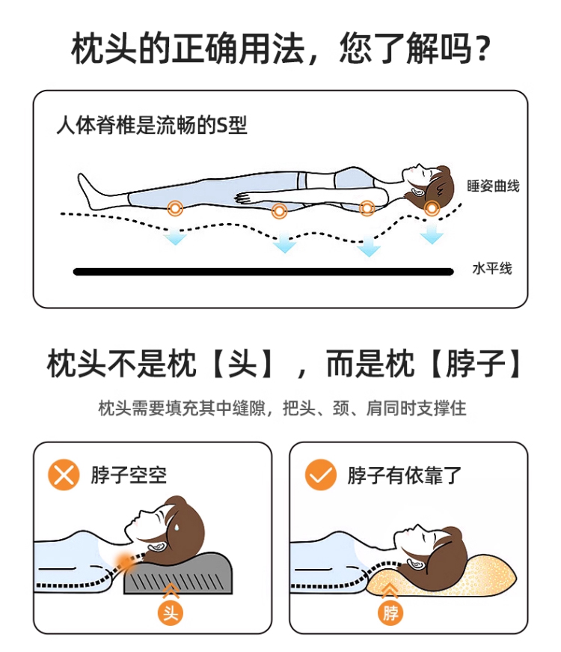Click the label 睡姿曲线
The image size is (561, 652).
click(x=493, y=186)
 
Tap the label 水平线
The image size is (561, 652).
click(x=492, y=269)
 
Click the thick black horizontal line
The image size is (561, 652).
click(x=263, y=272)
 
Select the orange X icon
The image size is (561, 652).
click(x=64, y=475)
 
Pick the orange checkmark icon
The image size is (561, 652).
click(x=320, y=475)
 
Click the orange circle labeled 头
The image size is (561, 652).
click(x=171, y=613)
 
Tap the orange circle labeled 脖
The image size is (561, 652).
click(x=390, y=613)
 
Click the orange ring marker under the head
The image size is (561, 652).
click(x=432, y=207)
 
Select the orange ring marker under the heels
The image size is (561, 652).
click(x=175, y=207)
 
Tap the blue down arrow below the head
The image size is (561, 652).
click(x=432, y=234)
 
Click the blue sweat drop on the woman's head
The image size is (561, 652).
click(x=177, y=527)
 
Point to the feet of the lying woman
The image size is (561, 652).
click(x=88, y=192)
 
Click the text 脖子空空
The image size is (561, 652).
click(x=129, y=475)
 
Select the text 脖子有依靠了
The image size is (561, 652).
click(x=405, y=475)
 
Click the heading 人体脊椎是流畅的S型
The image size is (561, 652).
click(x=152, y=125)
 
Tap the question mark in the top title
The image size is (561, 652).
click(x=482, y=49)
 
